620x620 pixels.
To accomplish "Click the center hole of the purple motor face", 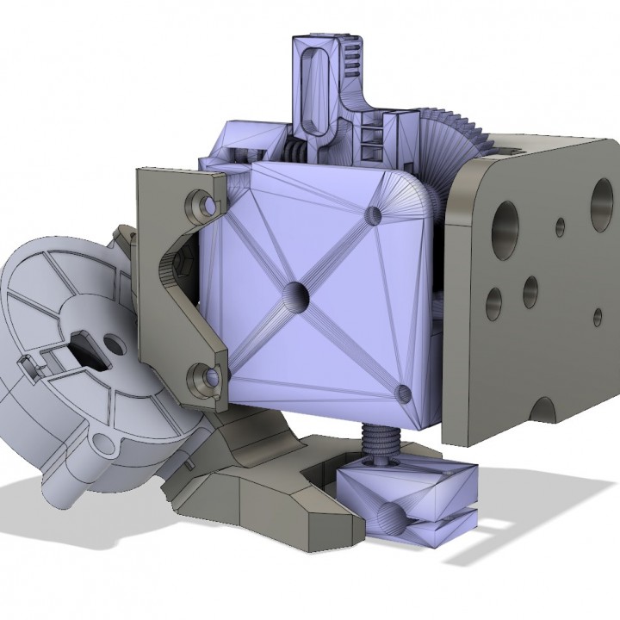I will coord(294,294).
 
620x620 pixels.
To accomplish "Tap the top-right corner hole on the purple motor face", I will coord(374,214).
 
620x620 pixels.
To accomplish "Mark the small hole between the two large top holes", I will coord(560,226).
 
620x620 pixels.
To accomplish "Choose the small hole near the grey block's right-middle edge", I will coord(599,316).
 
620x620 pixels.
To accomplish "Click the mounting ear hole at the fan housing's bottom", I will coord(104,445).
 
